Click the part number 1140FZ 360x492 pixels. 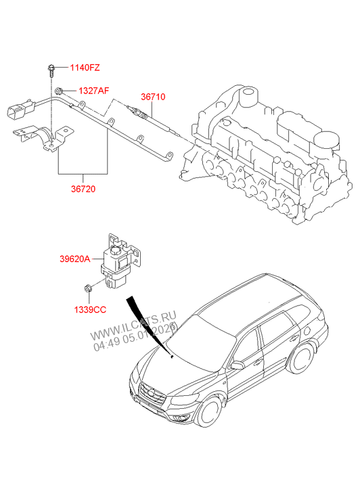point(85,68)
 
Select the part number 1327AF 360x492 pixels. point(93,90)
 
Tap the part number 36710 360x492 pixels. point(152,97)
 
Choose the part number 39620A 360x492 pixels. point(74,259)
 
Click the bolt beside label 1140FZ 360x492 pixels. point(52,68)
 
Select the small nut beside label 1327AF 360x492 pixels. point(60,90)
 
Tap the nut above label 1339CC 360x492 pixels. point(88,289)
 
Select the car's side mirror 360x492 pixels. point(237,365)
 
